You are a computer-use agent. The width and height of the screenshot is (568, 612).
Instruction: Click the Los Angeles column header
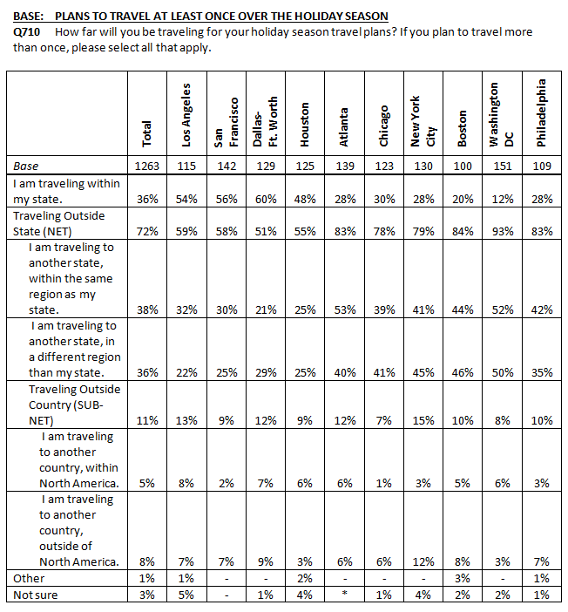coord(186,115)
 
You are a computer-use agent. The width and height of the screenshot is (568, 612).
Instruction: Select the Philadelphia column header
coord(541,112)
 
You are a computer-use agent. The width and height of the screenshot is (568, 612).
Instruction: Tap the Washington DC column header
coord(501,114)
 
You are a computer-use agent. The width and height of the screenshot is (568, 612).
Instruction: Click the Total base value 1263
coord(147,167)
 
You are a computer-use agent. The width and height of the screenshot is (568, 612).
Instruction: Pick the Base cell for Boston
coord(463,167)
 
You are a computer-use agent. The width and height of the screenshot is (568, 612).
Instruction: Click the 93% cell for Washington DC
coord(503,231)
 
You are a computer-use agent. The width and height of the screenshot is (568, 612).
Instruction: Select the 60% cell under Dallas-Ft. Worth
coord(266,200)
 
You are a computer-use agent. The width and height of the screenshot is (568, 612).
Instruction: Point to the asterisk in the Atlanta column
coord(345,594)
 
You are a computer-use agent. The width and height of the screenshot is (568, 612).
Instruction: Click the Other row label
coord(29,578)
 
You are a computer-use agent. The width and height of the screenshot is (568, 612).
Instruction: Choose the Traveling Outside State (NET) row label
coord(59,224)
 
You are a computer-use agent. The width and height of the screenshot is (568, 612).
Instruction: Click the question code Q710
coord(26,32)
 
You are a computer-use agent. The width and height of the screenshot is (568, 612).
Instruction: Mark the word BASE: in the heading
coord(28,17)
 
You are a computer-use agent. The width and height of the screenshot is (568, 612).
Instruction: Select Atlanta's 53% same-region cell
coord(345,309)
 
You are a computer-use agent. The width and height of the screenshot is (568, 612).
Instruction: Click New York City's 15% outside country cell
coord(423,421)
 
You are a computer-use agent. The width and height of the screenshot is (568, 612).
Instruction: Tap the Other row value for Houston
coord(305,578)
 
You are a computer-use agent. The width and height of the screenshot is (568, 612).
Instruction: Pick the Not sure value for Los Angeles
coord(186,595)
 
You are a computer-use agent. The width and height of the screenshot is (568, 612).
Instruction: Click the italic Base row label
coord(26,167)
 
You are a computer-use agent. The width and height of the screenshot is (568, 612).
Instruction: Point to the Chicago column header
coord(384,126)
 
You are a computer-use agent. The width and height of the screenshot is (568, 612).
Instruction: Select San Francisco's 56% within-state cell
coord(227,200)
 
